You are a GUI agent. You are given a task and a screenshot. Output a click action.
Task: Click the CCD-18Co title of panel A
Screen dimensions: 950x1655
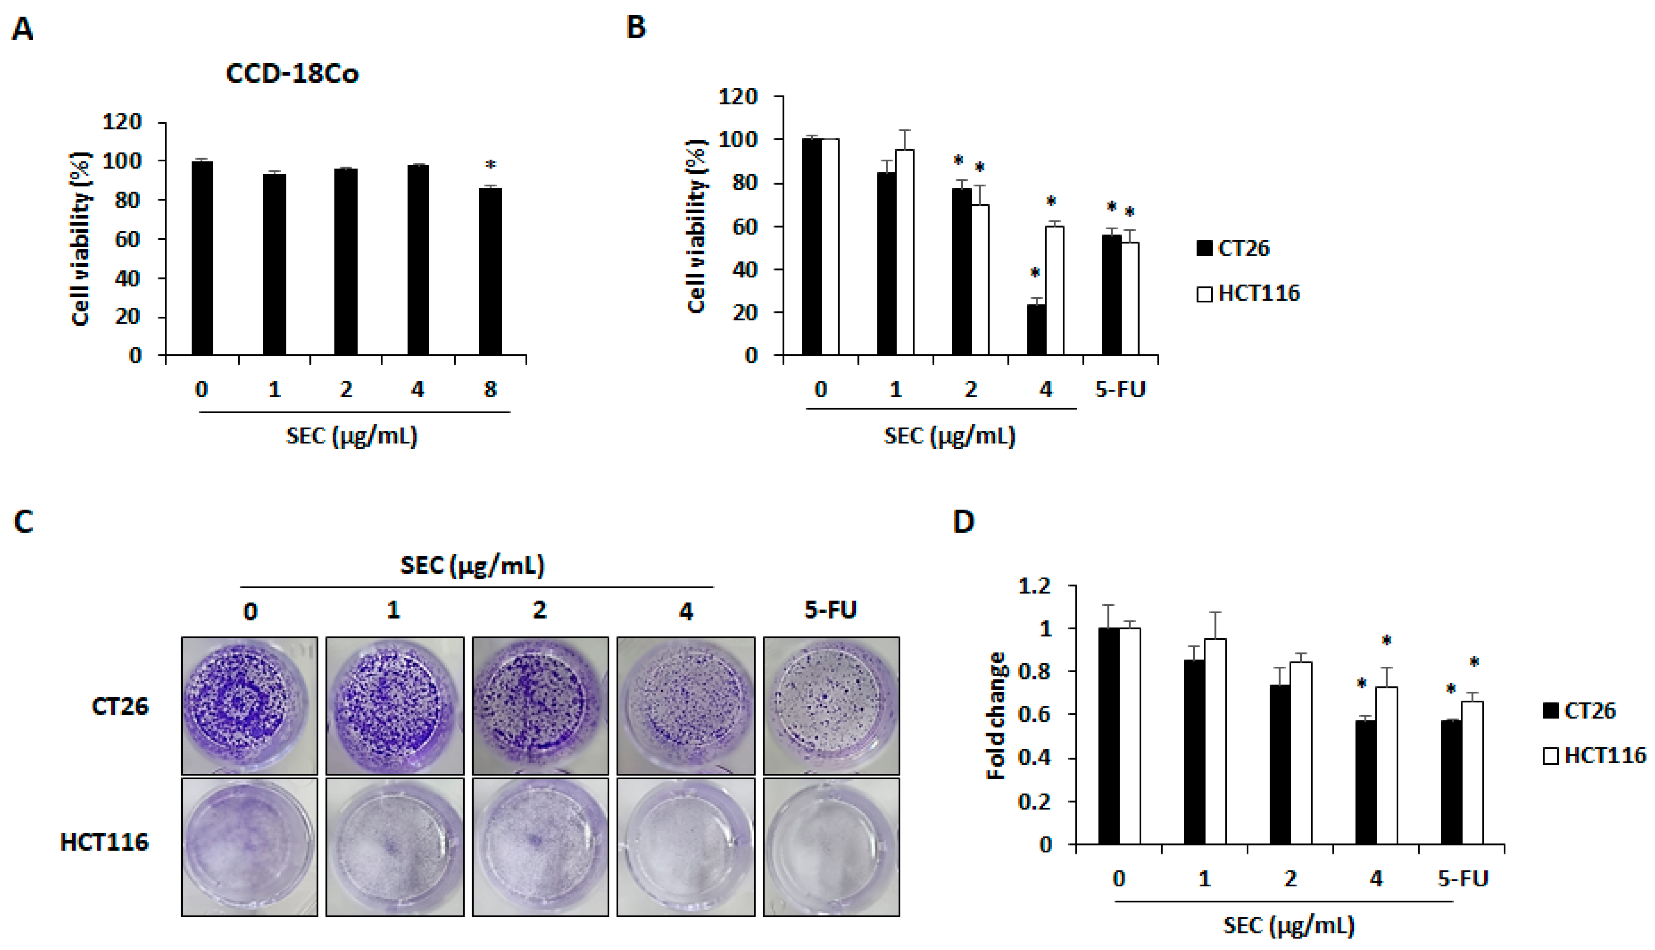click(x=292, y=74)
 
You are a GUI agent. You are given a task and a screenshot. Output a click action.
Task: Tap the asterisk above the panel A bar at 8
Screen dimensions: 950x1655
click(x=491, y=166)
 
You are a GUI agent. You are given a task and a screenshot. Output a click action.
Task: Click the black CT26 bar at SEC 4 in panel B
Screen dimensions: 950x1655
click(x=1035, y=330)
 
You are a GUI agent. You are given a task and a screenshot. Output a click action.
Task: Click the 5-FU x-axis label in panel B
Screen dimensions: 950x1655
click(x=1120, y=389)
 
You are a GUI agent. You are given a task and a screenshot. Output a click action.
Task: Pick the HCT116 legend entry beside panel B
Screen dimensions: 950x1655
click(x=1248, y=293)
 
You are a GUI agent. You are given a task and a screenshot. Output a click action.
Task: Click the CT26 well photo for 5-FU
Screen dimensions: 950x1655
click(x=831, y=705)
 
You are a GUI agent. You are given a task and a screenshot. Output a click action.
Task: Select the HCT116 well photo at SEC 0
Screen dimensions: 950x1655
click(x=249, y=847)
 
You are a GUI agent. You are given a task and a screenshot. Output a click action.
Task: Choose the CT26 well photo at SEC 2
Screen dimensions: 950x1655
click(x=540, y=705)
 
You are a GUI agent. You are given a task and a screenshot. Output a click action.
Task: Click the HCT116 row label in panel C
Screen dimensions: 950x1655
click(x=105, y=842)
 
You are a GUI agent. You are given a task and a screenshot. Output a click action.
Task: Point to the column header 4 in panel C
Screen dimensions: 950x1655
click(x=685, y=612)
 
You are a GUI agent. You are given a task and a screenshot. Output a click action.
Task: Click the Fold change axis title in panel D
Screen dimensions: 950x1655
click(x=996, y=715)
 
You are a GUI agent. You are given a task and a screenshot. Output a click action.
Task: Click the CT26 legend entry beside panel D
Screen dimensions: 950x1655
click(x=1579, y=710)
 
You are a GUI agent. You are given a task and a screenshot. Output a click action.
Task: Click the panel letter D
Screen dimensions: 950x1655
click(x=964, y=522)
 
